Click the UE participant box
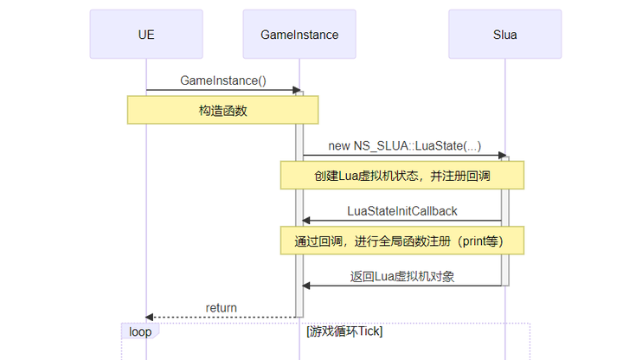click(146, 35)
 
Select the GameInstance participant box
click(299, 35)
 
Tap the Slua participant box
click(504, 35)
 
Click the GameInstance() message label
click(223, 80)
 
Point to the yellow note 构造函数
click(223, 110)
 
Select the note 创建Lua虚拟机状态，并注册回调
click(401, 175)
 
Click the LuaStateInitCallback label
click(401, 211)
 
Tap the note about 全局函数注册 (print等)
click(401, 240)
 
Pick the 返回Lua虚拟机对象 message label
click(402, 277)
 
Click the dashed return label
click(222, 308)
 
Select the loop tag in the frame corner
click(139, 331)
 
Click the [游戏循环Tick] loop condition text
click(344, 331)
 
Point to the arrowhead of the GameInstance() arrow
click(295, 90)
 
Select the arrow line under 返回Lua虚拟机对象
click(402, 286)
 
